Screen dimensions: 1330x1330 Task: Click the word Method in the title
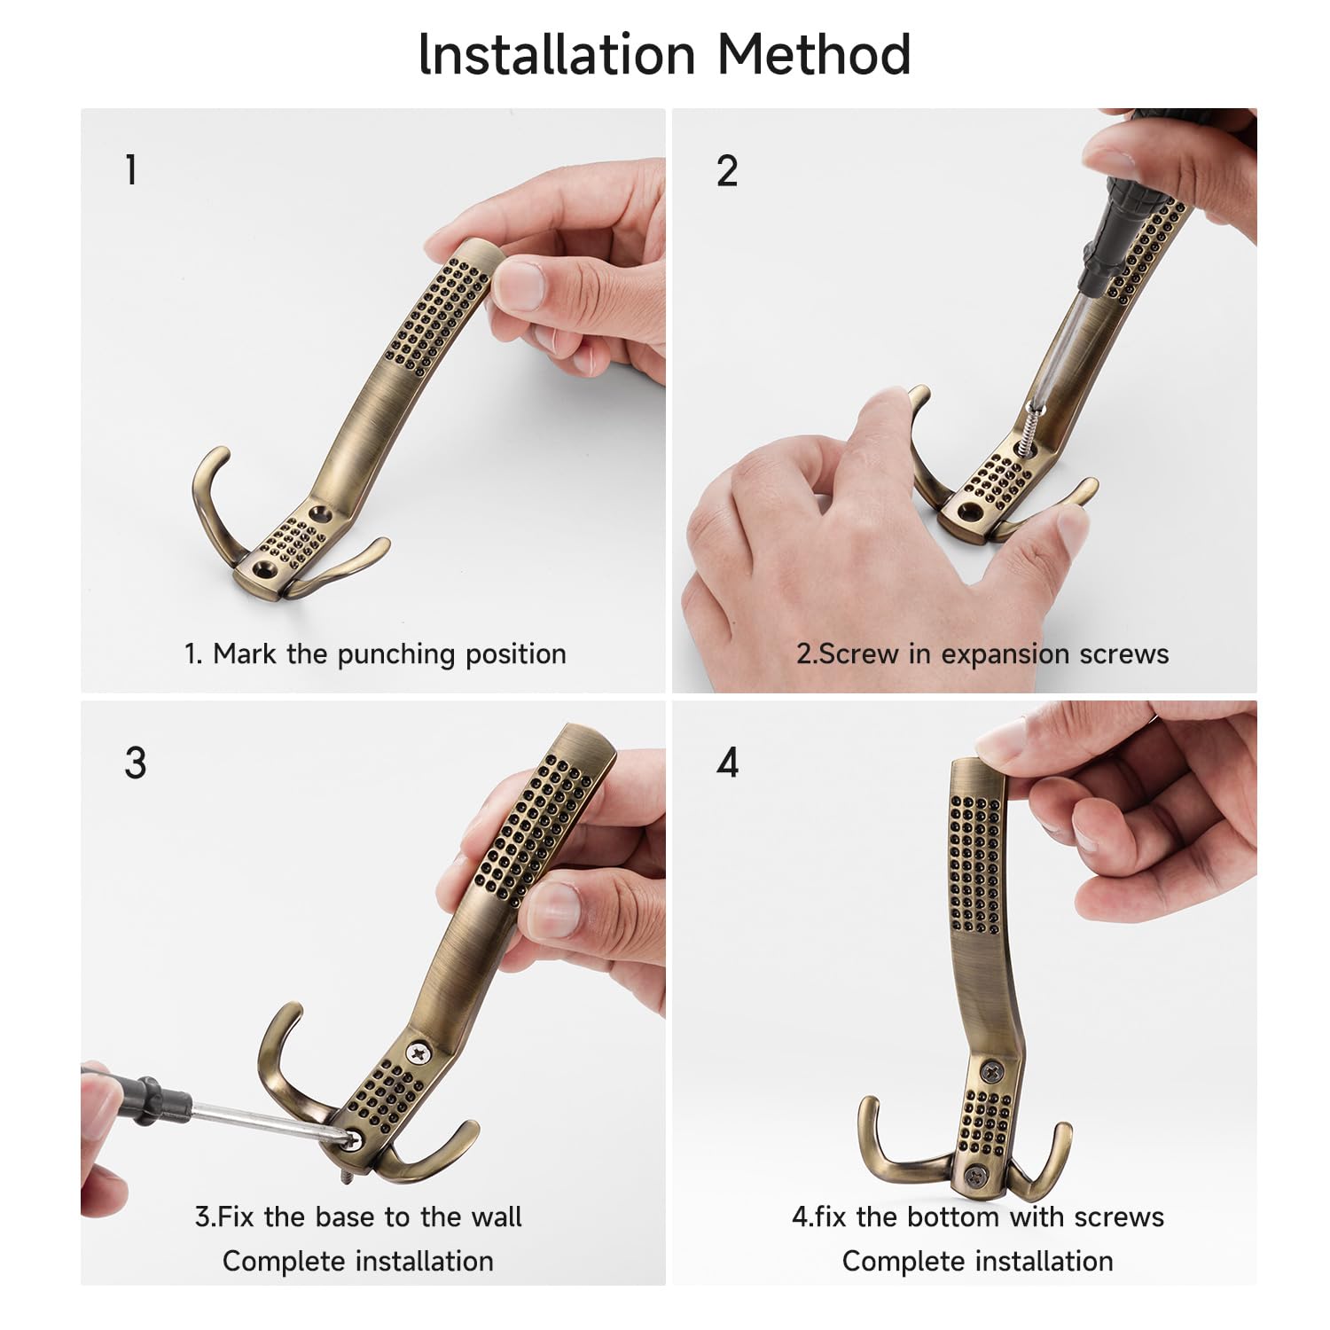coord(813,54)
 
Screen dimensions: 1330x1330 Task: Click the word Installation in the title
coord(557,54)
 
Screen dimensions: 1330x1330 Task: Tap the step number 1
coord(131,169)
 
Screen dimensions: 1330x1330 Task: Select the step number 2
coord(727,170)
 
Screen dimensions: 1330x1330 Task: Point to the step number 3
coord(135,763)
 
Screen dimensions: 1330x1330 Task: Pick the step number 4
coord(728,763)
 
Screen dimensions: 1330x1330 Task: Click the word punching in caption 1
coord(395,654)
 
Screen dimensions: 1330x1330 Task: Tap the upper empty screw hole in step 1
coord(317,512)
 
